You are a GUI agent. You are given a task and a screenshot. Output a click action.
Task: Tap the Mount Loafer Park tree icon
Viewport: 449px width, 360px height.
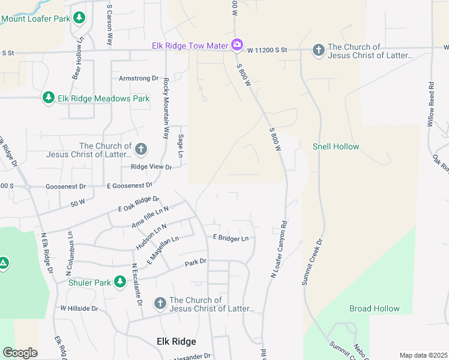point(79,18)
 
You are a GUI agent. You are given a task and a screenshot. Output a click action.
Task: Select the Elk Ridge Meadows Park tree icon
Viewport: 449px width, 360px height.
point(49,98)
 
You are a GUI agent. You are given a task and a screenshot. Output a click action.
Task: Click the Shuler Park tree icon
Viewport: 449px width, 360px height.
point(120,281)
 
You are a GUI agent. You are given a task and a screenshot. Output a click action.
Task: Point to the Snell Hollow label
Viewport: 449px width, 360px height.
point(336,146)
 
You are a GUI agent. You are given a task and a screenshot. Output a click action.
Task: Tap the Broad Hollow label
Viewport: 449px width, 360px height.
point(374,308)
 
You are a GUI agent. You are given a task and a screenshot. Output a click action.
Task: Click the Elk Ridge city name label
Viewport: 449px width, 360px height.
point(176,341)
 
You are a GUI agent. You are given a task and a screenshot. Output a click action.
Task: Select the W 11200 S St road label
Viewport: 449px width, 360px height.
point(267,50)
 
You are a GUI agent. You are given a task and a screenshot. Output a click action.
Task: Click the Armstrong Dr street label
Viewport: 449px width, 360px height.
point(138,79)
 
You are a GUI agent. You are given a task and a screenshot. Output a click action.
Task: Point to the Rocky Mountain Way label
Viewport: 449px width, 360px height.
point(166,108)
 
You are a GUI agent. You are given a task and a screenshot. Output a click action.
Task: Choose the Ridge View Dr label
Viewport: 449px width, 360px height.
point(147,168)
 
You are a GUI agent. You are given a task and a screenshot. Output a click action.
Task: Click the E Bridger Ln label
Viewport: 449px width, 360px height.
point(231,238)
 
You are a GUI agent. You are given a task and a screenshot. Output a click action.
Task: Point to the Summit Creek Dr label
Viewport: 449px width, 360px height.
point(312,262)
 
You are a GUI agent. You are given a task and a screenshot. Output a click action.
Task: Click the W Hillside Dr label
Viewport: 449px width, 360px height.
point(79,308)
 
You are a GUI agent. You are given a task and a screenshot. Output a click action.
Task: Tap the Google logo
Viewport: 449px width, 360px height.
point(20,353)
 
